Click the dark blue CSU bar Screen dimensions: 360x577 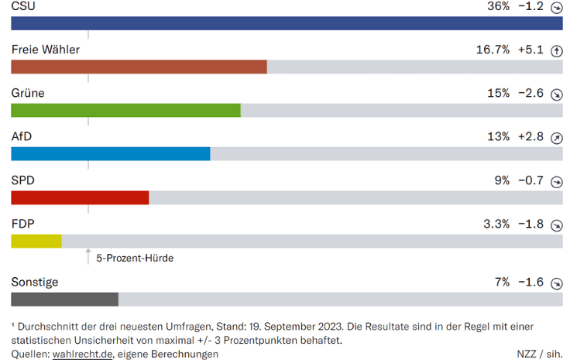(x=287, y=23)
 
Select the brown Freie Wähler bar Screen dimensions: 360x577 (x=139, y=67)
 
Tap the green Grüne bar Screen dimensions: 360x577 (x=125, y=110)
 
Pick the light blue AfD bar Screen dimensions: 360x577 (x=111, y=153)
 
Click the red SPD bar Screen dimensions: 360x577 (x=80, y=197)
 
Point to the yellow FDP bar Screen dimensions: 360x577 (x=36, y=241)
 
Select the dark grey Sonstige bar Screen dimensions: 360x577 (x=64, y=299)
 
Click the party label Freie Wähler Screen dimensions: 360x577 (x=46, y=50)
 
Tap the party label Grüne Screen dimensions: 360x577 (x=28, y=93)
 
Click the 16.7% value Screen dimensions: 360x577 (x=493, y=50)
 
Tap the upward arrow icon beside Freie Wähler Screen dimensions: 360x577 (x=555, y=51)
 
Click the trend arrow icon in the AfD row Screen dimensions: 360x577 (x=555, y=139)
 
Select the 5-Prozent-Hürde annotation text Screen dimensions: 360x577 (x=135, y=258)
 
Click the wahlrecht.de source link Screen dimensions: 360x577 (x=83, y=354)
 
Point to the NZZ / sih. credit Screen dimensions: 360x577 (x=539, y=354)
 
